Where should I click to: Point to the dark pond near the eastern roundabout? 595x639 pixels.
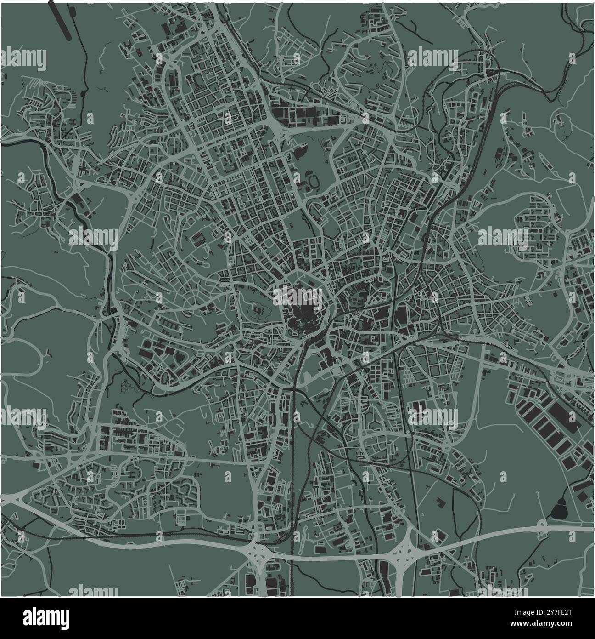click(x=559, y=509)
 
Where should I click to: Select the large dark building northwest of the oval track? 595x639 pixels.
click(x=301, y=149)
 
